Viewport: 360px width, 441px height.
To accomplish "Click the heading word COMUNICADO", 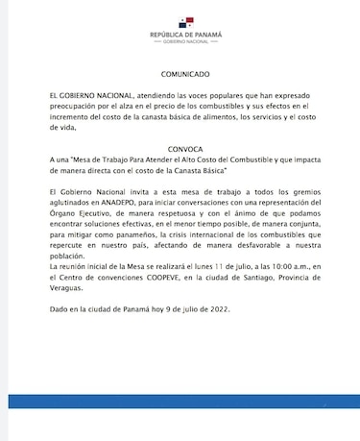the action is tap(185, 74).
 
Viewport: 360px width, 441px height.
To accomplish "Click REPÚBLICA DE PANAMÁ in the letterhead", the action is tap(185, 35).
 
